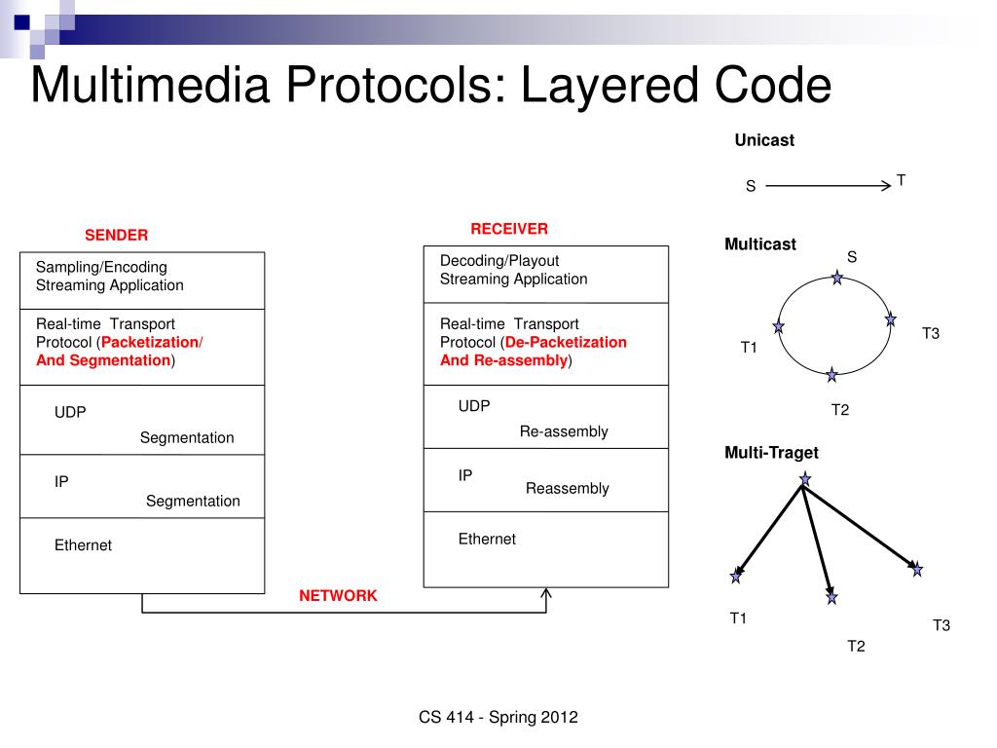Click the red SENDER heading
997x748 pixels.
click(x=116, y=235)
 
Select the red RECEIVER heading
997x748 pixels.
click(x=509, y=229)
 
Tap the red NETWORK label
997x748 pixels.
click(x=338, y=596)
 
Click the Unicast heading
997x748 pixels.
click(x=764, y=140)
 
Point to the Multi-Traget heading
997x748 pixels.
click(x=771, y=453)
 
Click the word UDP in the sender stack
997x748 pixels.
click(x=70, y=413)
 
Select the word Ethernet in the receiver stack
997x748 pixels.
click(x=487, y=540)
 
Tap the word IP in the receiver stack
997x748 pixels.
click(x=465, y=476)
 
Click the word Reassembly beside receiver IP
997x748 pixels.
click(x=567, y=489)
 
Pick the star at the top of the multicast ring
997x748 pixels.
click(x=836, y=279)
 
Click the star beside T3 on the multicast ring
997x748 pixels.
click(x=890, y=319)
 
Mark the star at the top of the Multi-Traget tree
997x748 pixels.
click(x=804, y=478)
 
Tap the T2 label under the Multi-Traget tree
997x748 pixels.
click(x=856, y=646)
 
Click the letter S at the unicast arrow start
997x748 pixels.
click(x=751, y=186)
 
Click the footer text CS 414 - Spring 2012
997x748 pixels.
click(x=498, y=718)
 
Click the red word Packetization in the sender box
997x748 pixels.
click(x=149, y=342)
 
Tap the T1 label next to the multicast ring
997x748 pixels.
click(x=749, y=348)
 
